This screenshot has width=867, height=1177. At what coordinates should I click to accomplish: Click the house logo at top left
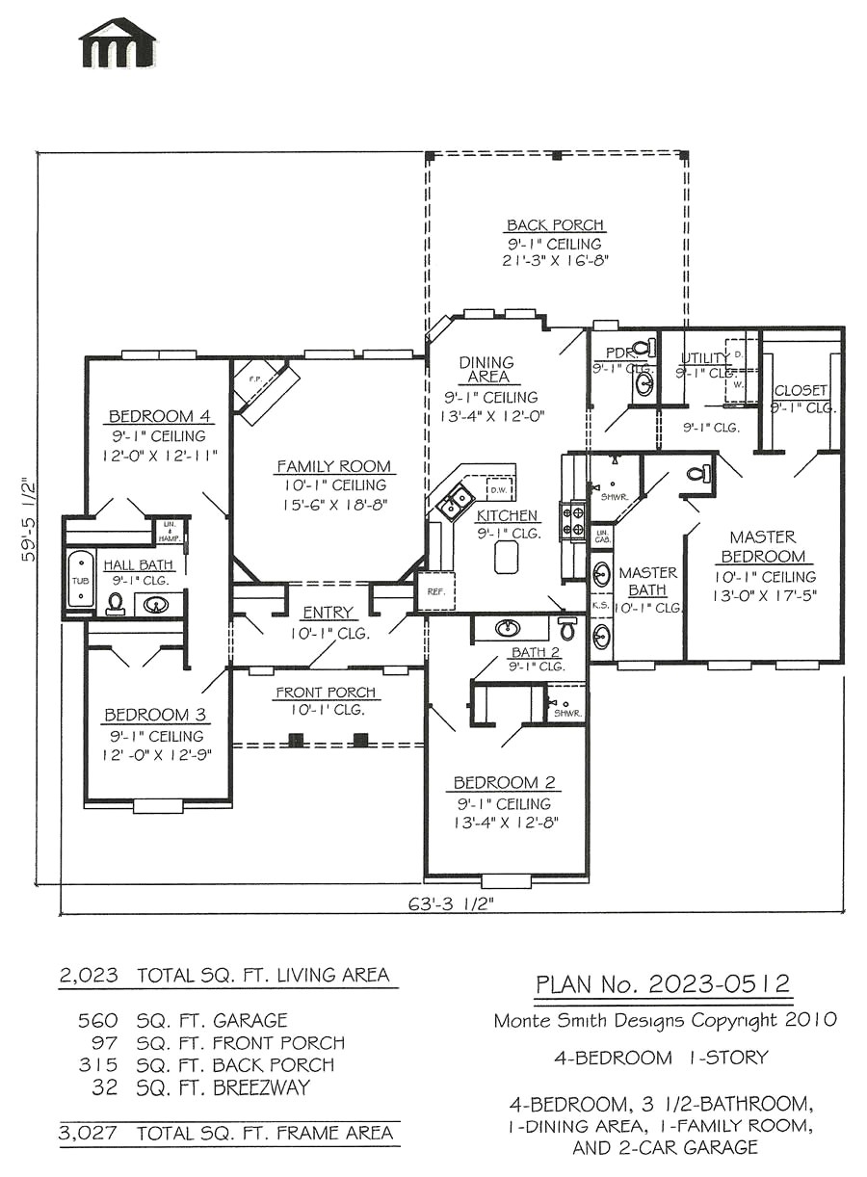point(118,43)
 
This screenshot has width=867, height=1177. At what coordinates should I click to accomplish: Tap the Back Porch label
point(555,225)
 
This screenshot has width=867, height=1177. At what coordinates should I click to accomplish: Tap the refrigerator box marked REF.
point(434,591)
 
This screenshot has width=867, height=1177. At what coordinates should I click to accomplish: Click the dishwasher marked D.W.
point(499,489)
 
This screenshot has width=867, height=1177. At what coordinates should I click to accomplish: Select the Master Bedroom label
point(762,546)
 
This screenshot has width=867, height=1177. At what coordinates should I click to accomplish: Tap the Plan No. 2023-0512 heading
point(663,984)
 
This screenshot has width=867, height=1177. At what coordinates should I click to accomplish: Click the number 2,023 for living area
point(89,975)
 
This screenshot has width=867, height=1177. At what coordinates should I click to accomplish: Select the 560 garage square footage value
point(96,1020)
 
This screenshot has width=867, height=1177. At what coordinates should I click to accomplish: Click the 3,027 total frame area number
point(89,1134)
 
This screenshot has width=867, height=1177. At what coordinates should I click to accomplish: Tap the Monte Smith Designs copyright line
point(664,1020)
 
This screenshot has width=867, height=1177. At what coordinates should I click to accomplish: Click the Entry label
point(328,613)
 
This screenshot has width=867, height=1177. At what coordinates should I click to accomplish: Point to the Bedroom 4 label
point(159,416)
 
